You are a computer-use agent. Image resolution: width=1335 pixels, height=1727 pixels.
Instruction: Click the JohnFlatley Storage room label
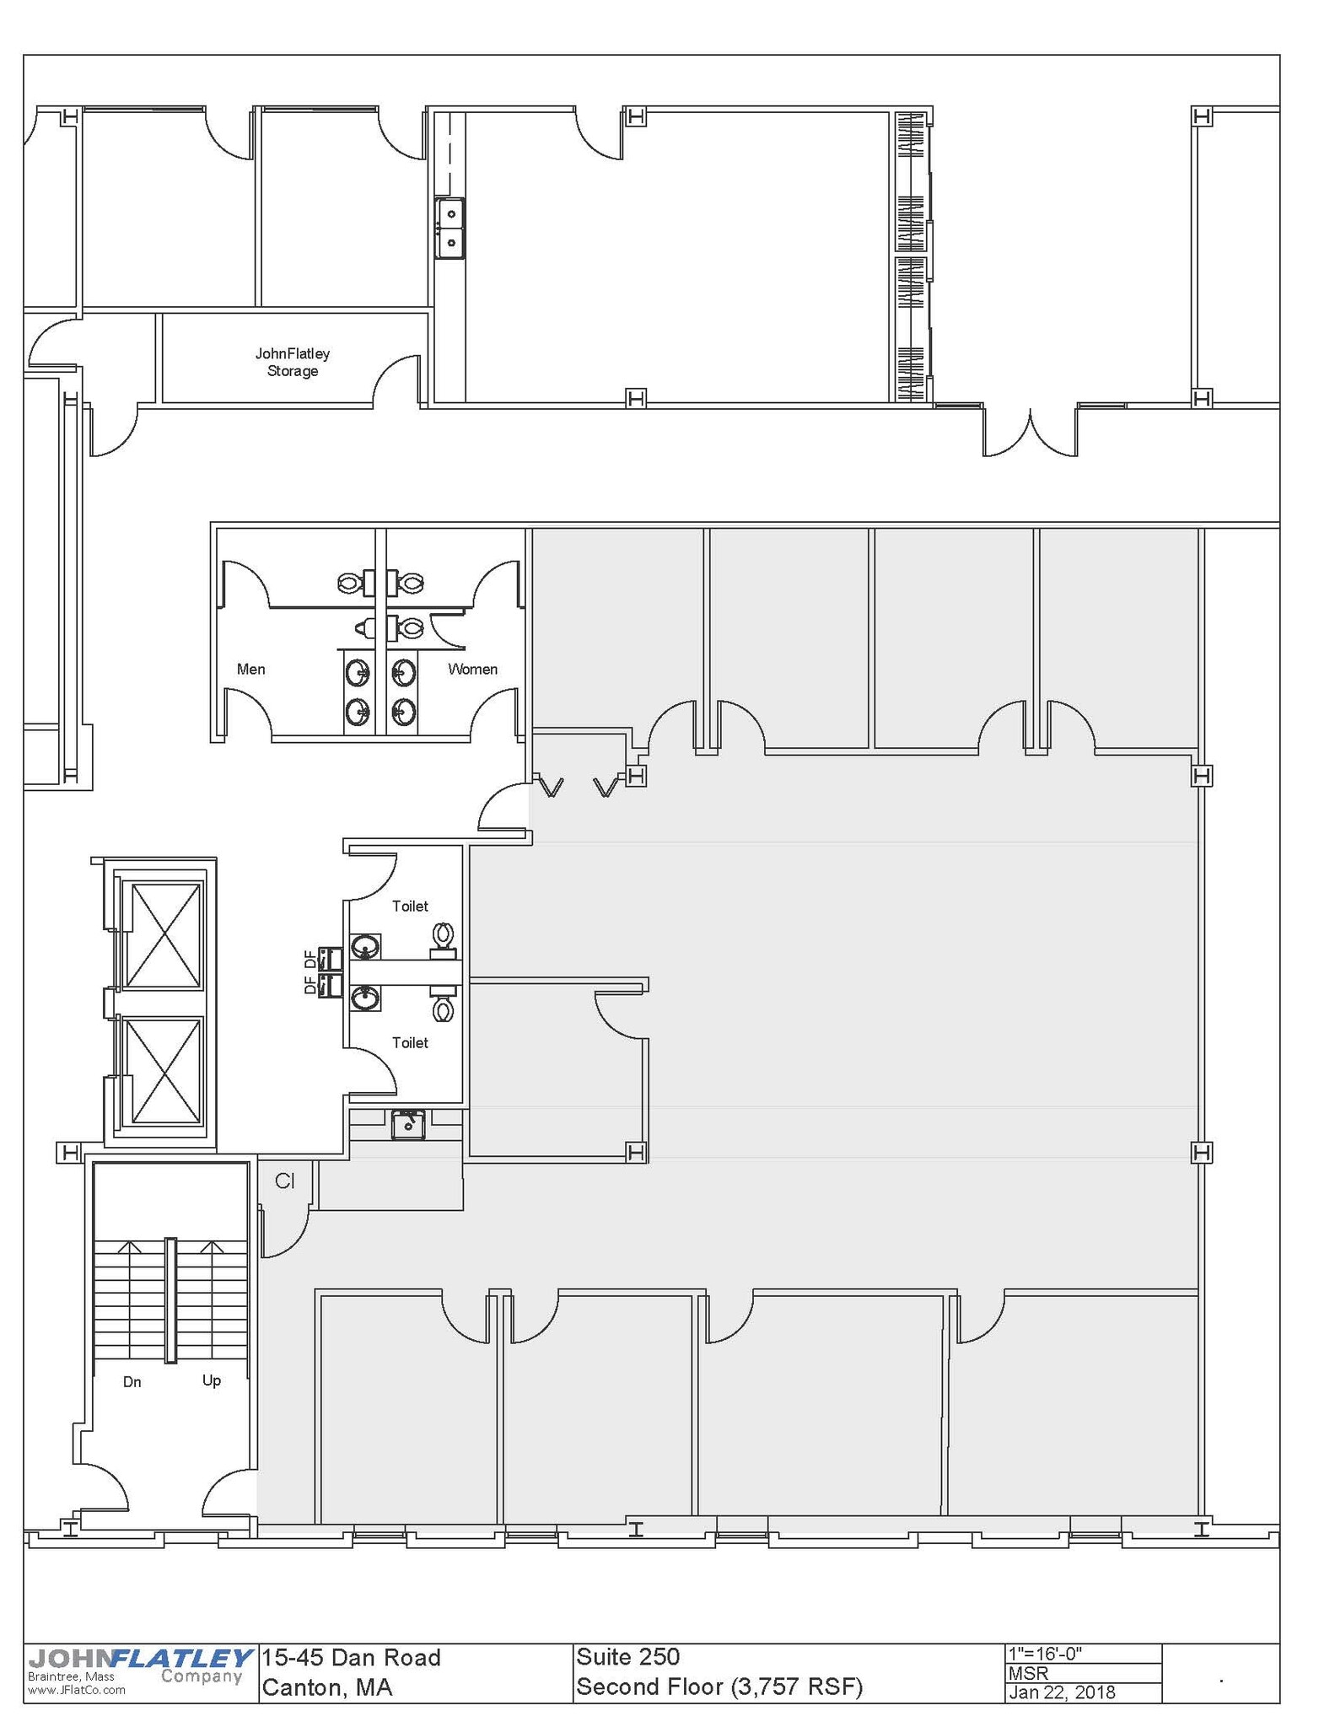[x=292, y=363]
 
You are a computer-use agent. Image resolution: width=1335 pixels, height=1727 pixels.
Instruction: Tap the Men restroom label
[x=250, y=670]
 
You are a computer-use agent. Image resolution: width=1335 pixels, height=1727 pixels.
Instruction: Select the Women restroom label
[x=472, y=670]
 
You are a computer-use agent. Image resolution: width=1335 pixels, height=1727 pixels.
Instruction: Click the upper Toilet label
[x=410, y=907]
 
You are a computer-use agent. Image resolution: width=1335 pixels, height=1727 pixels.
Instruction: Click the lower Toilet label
[x=410, y=1043]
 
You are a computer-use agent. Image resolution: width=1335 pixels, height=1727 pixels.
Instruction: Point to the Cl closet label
[x=285, y=1181]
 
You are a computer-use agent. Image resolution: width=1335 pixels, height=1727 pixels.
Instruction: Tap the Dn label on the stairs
[x=132, y=1382]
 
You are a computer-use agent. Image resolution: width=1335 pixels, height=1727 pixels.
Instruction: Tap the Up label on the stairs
[x=212, y=1380]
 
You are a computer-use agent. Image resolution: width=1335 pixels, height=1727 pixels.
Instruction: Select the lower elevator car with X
[x=162, y=1072]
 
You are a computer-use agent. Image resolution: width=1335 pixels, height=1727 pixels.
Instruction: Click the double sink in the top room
[x=450, y=229]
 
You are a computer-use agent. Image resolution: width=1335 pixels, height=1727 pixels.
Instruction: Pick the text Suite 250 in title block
[x=627, y=1657]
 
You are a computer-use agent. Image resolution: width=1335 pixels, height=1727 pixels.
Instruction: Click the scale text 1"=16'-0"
[x=1045, y=1654]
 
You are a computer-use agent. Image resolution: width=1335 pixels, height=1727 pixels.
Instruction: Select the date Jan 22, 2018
[x=1062, y=1692]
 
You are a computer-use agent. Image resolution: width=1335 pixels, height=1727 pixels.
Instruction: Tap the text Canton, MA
[x=327, y=1687]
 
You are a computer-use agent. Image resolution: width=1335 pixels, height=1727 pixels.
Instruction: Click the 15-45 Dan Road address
[x=351, y=1658]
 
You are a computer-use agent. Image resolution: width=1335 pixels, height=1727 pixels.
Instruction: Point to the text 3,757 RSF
[x=797, y=1687]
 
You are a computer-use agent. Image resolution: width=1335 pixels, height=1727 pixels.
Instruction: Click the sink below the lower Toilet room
[x=408, y=1125]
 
